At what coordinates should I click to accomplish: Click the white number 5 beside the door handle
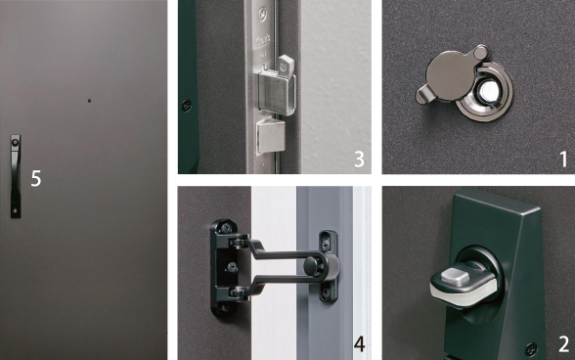tap(36, 178)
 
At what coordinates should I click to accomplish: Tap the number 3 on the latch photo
tap(360, 158)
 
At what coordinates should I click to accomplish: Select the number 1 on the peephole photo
tap(564, 159)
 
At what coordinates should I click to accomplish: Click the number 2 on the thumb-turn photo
tap(564, 343)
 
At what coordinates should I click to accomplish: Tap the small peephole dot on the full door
tap(89, 101)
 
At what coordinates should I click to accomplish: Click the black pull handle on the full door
tap(16, 176)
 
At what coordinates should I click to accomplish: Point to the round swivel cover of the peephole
tap(450, 74)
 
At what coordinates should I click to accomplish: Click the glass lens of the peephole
tap(489, 90)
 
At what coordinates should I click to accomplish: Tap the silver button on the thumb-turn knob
tap(455, 276)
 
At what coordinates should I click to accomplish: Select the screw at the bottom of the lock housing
tap(531, 346)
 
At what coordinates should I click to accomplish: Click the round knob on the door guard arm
tap(312, 265)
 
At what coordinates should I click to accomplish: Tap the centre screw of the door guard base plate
tap(232, 267)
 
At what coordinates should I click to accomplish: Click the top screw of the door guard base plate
tap(224, 226)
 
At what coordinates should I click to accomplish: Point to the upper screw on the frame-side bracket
tap(326, 239)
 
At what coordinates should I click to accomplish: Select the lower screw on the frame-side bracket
tap(326, 292)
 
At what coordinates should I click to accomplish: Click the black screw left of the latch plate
tap(186, 106)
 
